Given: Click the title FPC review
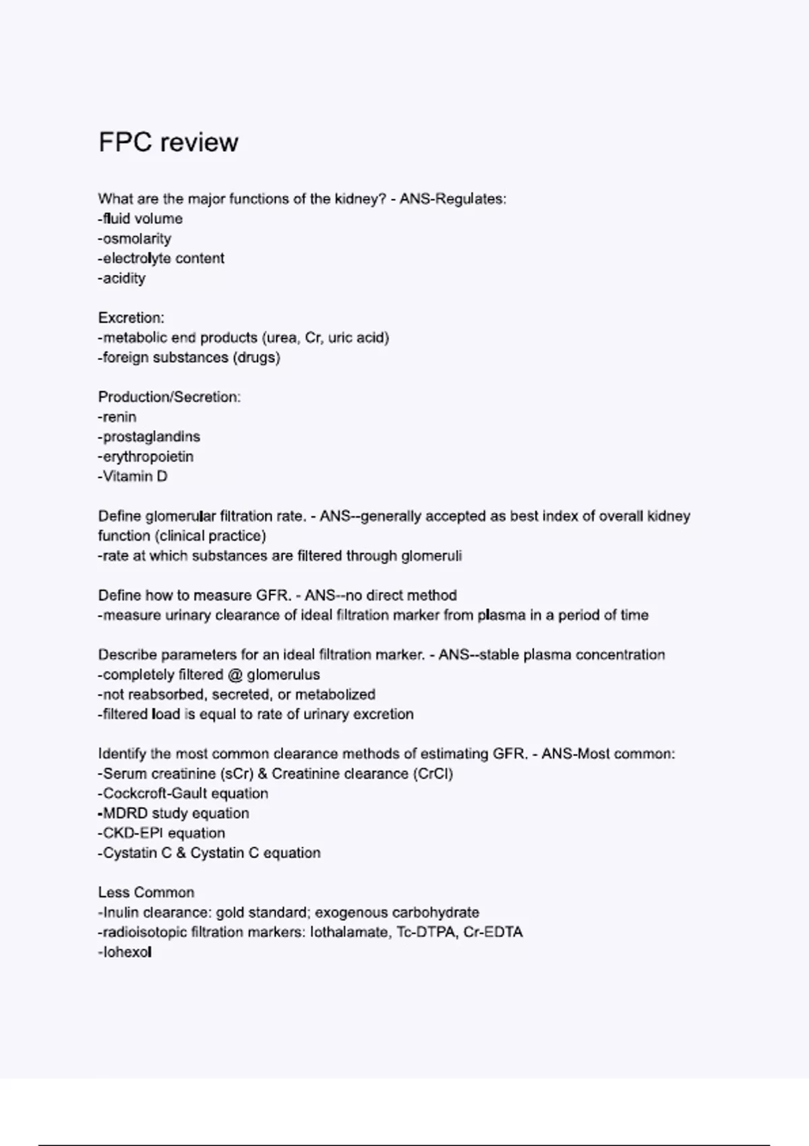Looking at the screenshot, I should pyautogui.click(x=169, y=142).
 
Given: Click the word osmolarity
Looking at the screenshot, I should pyautogui.click(x=137, y=239).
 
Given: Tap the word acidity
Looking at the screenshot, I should pyautogui.click(x=124, y=278).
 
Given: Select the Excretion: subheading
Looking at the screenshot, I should pyautogui.click(x=131, y=318).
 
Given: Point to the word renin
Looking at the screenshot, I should pyautogui.click(x=119, y=417).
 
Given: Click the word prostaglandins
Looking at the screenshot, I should pyautogui.click(x=151, y=437).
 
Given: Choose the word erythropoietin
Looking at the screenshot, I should pyautogui.click(x=148, y=457).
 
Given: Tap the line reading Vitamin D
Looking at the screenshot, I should pyautogui.click(x=133, y=477).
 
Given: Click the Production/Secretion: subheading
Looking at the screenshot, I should pyautogui.click(x=169, y=397).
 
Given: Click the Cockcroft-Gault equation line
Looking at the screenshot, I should pyautogui.click(x=183, y=793).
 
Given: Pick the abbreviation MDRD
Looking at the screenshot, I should pyautogui.click(x=125, y=814).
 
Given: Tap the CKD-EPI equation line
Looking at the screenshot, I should pyautogui.click(x=162, y=833).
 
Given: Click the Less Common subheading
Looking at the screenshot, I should pyautogui.click(x=146, y=893).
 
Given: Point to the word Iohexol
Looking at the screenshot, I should pyautogui.click(x=127, y=953).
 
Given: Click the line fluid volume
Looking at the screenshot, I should pyautogui.click(x=141, y=219).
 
